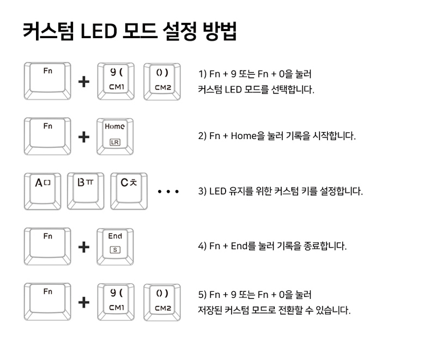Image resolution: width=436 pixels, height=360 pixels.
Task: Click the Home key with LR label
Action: point(115,136)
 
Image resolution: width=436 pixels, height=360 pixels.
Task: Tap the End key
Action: point(115,246)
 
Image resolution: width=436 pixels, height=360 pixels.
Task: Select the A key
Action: point(43,191)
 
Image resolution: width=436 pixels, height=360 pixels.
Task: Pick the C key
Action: point(129,191)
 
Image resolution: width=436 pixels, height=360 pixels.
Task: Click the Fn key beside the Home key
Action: point(47,136)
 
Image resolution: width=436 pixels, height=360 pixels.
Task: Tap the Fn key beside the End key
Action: point(47,246)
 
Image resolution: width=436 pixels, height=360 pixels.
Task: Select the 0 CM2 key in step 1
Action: point(162,81)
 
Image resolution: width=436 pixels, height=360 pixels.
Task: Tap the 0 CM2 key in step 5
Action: point(162,302)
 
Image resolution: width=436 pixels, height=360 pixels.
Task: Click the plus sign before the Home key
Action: point(84,137)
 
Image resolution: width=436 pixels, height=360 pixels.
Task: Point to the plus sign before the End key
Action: point(84,247)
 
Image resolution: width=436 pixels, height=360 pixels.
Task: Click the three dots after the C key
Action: point(168,192)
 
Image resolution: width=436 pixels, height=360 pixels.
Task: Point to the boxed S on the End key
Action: point(114,250)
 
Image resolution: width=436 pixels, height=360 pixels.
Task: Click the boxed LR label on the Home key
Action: point(114,142)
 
